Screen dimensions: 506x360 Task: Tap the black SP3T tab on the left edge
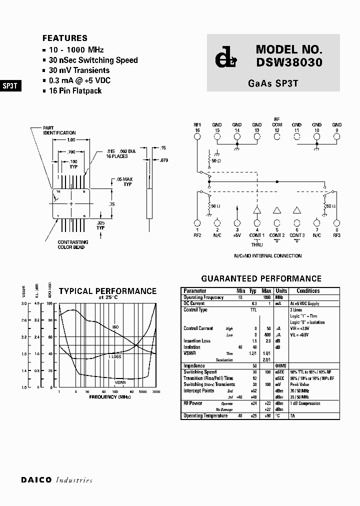(x=10, y=85)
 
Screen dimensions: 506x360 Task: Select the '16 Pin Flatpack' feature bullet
(x=75, y=90)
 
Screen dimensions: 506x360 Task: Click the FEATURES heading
(x=65, y=38)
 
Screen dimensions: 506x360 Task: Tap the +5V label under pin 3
(x=237, y=235)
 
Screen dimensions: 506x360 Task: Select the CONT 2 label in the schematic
(x=277, y=235)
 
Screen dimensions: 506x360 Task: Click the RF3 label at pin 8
(x=336, y=235)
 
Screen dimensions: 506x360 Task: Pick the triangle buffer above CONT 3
(x=297, y=210)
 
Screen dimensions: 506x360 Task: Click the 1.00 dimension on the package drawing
(x=71, y=140)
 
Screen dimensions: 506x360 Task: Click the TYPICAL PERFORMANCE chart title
(x=107, y=291)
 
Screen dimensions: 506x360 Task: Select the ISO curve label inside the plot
(x=115, y=326)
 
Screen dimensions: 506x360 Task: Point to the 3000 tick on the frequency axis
(x=156, y=391)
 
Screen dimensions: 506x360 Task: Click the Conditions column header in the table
(x=308, y=291)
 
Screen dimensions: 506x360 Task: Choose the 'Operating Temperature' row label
(x=205, y=415)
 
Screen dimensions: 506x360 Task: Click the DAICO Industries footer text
(x=57, y=480)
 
